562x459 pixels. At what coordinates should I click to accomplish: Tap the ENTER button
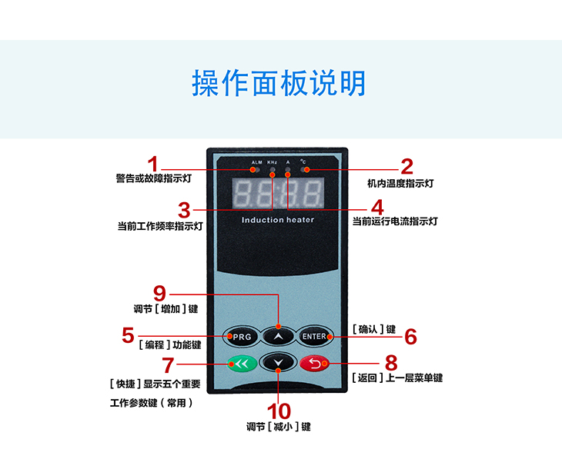[x=314, y=337]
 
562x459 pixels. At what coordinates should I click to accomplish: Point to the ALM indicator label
[x=256, y=162]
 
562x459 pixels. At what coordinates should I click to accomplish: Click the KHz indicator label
[x=272, y=162]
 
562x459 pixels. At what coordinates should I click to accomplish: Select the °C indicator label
[x=304, y=161]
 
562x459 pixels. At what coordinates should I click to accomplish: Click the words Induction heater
[x=278, y=220]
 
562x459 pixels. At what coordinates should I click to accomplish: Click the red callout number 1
[x=153, y=165]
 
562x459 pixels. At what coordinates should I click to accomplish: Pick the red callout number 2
[x=406, y=166]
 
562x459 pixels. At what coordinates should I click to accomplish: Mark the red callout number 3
[x=184, y=210]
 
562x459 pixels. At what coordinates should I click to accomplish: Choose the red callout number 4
[x=376, y=208]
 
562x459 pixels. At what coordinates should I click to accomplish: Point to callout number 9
[x=159, y=293]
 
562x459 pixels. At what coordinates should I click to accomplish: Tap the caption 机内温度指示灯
[x=400, y=184]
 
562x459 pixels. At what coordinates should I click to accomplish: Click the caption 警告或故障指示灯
[x=154, y=179]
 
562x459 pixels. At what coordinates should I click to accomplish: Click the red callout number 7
[x=168, y=365]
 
